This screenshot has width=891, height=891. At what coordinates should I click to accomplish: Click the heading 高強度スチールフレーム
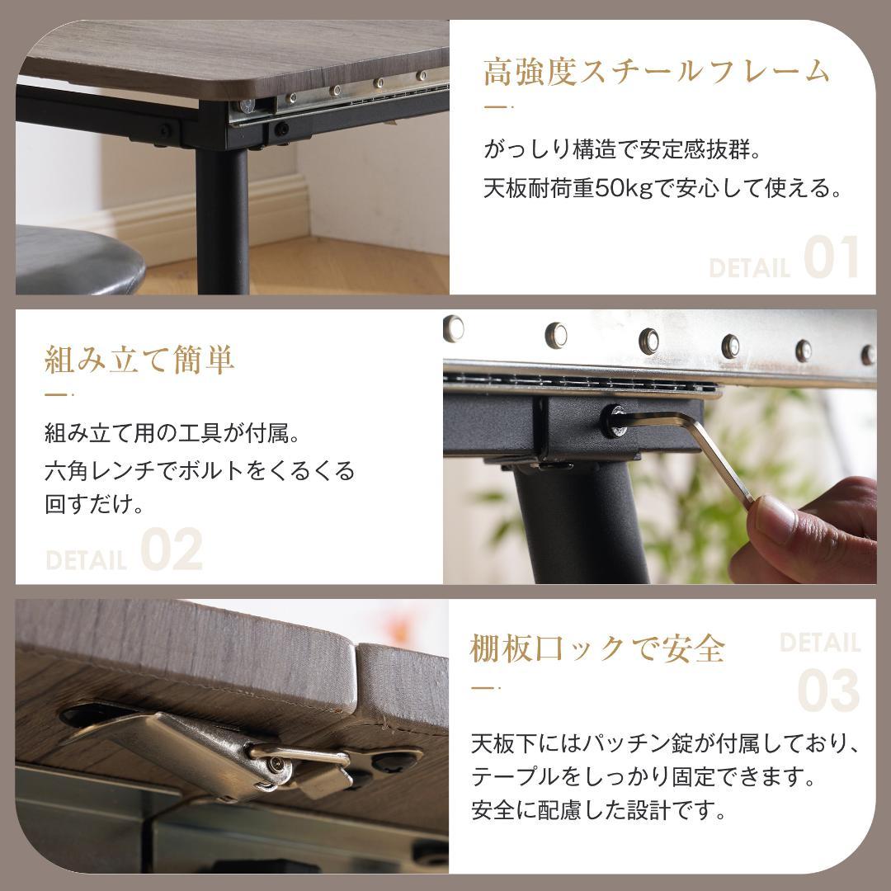[656, 73]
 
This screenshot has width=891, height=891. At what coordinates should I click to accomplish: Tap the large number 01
[832, 259]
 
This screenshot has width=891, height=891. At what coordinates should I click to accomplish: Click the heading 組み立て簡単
[139, 360]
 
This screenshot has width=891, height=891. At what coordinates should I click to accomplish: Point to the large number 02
[172, 551]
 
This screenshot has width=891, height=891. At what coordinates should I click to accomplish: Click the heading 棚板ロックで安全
[597, 649]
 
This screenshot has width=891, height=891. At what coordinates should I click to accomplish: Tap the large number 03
[828, 692]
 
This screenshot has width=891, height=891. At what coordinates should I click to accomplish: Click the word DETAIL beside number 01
[749, 268]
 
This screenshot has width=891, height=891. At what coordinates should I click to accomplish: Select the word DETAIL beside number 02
[87, 561]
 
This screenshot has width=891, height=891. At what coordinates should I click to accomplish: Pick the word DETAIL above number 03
[819, 643]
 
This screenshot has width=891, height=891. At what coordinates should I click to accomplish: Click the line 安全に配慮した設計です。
[599, 811]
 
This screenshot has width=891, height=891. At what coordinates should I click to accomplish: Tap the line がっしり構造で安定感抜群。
[620, 151]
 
